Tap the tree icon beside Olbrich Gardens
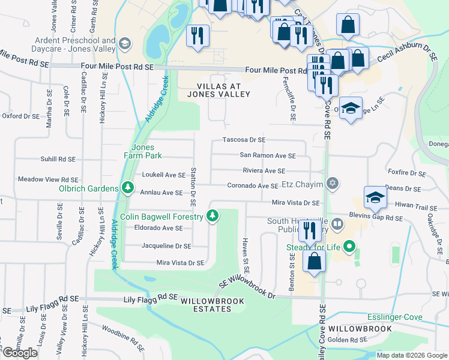point(127,188)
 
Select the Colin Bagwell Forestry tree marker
point(212,216)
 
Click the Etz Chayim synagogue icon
point(333,183)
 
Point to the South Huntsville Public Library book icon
point(337,225)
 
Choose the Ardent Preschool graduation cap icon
point(125,43)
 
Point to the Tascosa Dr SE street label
point(244,140)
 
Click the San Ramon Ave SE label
point(268,155)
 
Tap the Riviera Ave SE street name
point(263,171)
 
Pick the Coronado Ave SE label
point(252,187)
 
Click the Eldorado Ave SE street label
point(154,228)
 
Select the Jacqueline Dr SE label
point(166,246)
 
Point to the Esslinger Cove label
point(394,317)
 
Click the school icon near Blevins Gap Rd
point(375,197)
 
